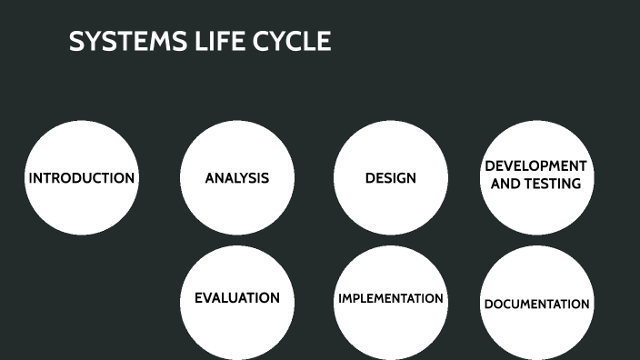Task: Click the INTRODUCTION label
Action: [x=82, y=178]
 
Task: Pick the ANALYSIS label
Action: [x=237, y=178]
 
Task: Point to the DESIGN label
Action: [x=391, y=178]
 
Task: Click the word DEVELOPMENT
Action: [x=536, y=166]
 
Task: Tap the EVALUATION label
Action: [x=237, y=298]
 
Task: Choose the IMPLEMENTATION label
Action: [x=391, y=298]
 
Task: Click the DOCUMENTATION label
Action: [x=536, y=305]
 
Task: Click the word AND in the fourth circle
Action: [x=505, y=184]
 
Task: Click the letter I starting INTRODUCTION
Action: [x=31, y=178]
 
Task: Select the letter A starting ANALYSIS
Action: [x=210, y=178]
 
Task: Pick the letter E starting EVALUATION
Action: [x=199, y=298]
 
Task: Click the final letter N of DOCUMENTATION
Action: [x=585, y=305]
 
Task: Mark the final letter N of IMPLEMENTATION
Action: [x=439, y=298]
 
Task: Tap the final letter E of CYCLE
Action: [x=324, y=42]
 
